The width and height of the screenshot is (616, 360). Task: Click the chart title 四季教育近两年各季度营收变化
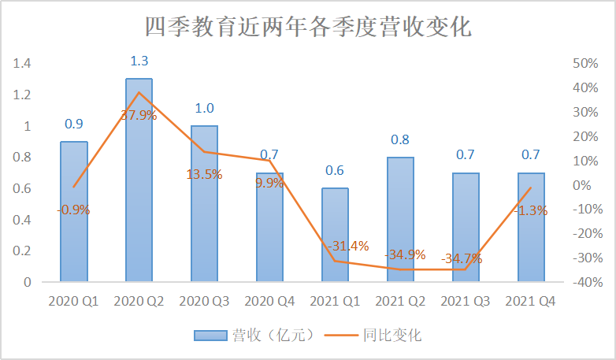click(308, 28)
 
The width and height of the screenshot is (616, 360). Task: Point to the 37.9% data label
click(139, 115)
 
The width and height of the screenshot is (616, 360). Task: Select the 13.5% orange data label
click(204, 174)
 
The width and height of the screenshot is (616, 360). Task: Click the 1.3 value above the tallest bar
click(139, 61)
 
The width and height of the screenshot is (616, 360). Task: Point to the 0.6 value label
click(335, 171)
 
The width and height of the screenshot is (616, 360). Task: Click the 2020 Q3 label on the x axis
click(204, 302)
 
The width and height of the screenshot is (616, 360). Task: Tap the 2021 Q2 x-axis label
click(400, 302)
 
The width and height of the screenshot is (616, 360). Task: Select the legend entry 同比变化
click(392, 335)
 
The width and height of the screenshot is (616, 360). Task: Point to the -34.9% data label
click(405, 254)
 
